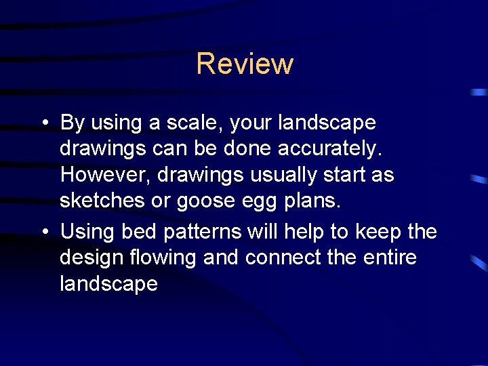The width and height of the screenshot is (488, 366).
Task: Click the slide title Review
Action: tap(245, 64)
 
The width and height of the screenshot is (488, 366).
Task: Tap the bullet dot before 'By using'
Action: tap(43, 123)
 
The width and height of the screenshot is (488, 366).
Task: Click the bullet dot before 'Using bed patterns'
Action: tap(43, 232)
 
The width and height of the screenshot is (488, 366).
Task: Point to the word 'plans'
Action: tap(311, 201)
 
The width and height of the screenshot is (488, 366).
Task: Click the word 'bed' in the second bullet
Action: tap(136, 231)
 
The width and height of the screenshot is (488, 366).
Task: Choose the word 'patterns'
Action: tap(199, 232)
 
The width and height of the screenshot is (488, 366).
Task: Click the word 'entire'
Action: tap(391, 258)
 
